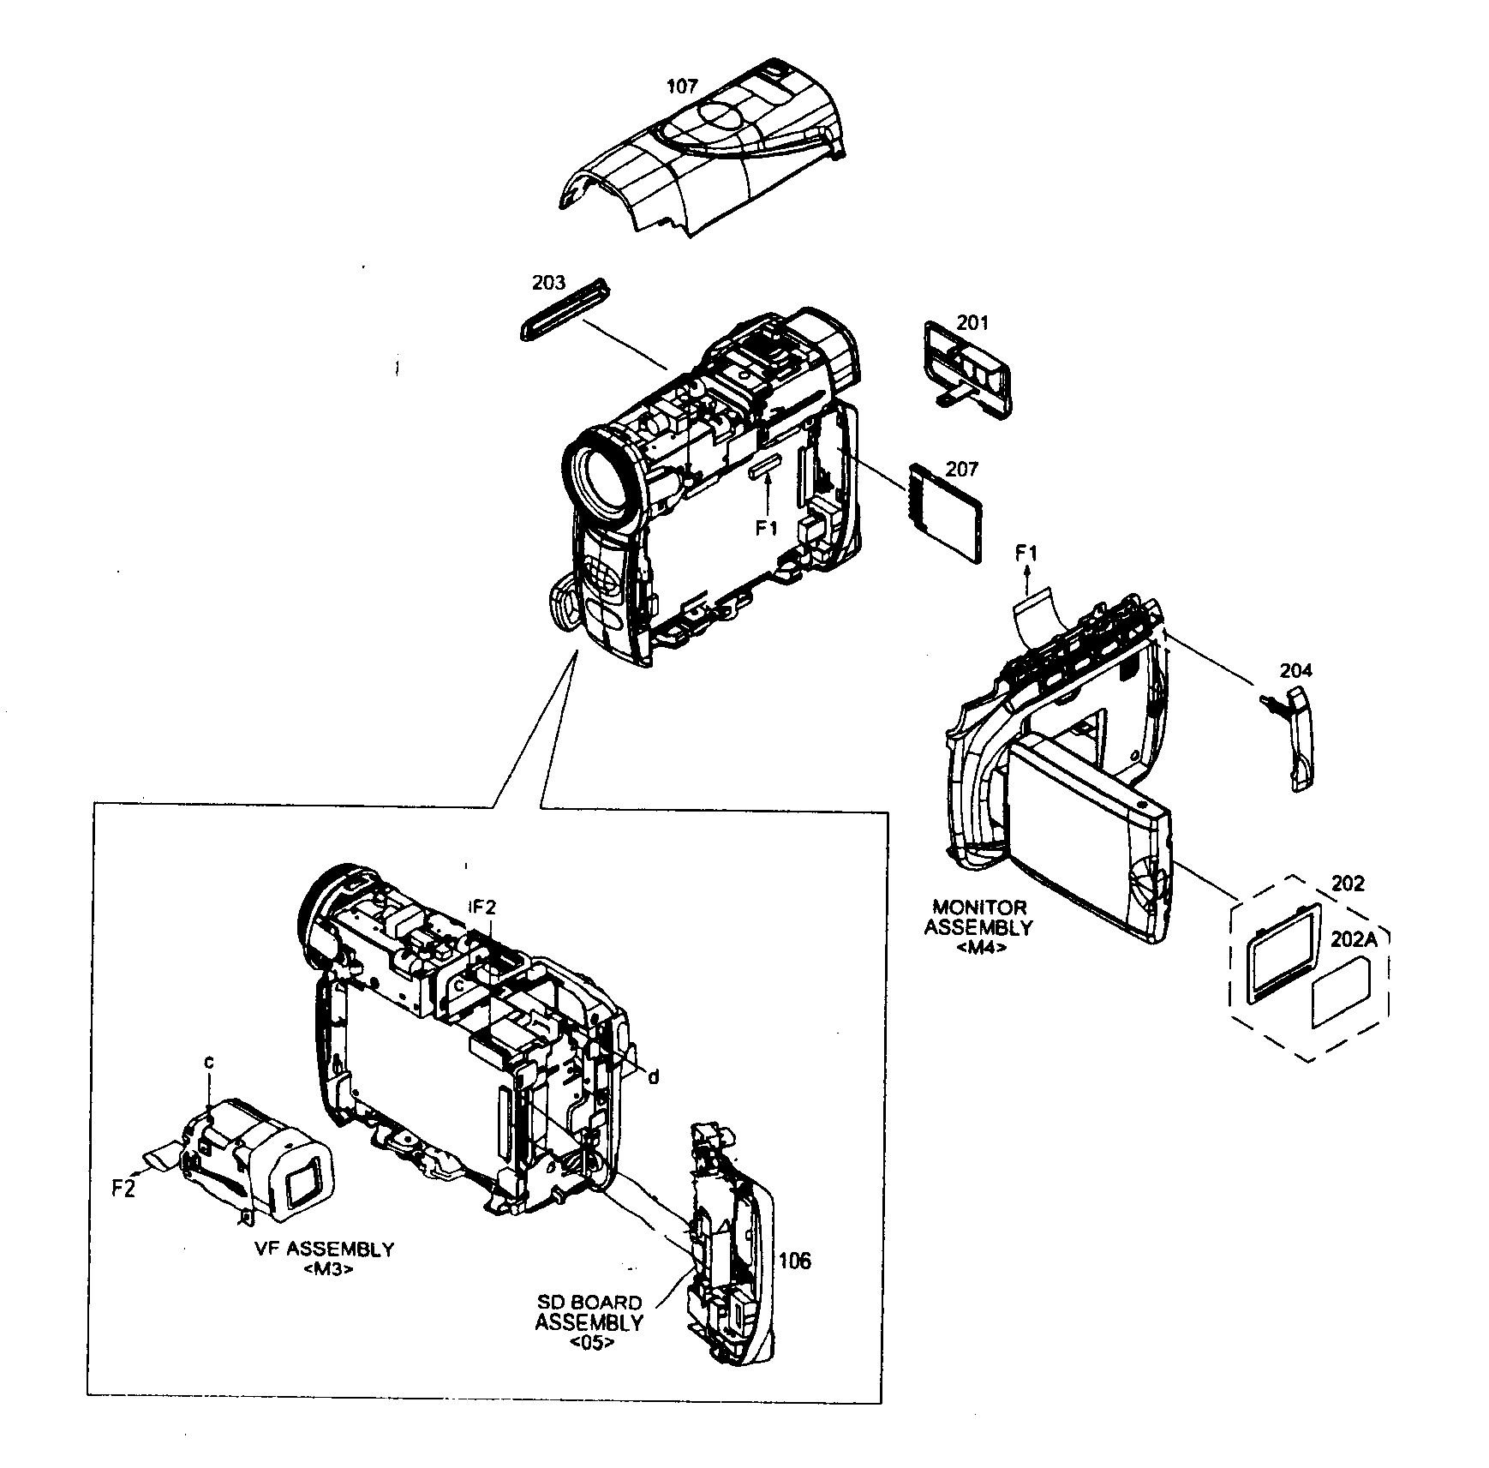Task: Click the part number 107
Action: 682,86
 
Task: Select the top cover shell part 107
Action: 703,163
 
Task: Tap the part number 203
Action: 548,283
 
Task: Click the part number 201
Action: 972,323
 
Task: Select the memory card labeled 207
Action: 947,514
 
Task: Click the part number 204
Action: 1296,670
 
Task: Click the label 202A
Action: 1354,939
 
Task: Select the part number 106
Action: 794,1261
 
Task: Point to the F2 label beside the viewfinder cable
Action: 123,1189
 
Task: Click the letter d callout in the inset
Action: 653,1076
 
